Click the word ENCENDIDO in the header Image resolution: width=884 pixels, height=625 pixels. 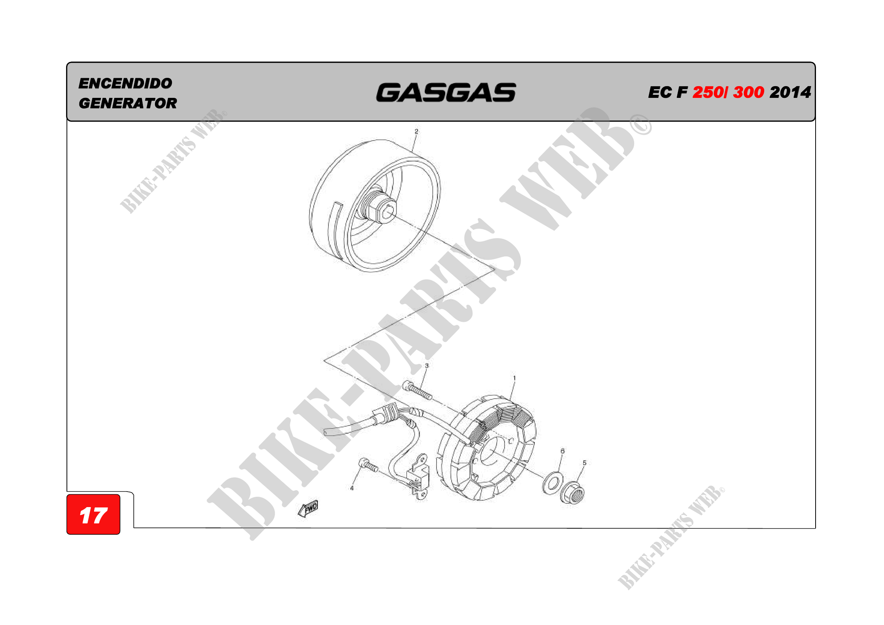pyautogui.click(x=125, y=83)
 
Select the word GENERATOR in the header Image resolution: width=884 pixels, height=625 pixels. pyautogui.click(x=128, y=103)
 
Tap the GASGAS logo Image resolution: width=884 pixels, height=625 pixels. pyautogui.click(x=446, y=93)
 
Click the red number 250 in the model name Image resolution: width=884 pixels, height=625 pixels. pyautogui.click(x=708, y=92)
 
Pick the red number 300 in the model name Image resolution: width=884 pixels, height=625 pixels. pyautogui.click(x=748, y=92)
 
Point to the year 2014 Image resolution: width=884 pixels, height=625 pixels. pyautogui.click(x=790, y=92)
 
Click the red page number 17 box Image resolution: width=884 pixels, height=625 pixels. pyautogui.click(x=93, y=514)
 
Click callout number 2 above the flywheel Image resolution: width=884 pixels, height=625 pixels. pyautogui.click(x=416, y=131)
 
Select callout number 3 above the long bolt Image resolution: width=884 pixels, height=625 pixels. pyautogui.click(x=427, y=366)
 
